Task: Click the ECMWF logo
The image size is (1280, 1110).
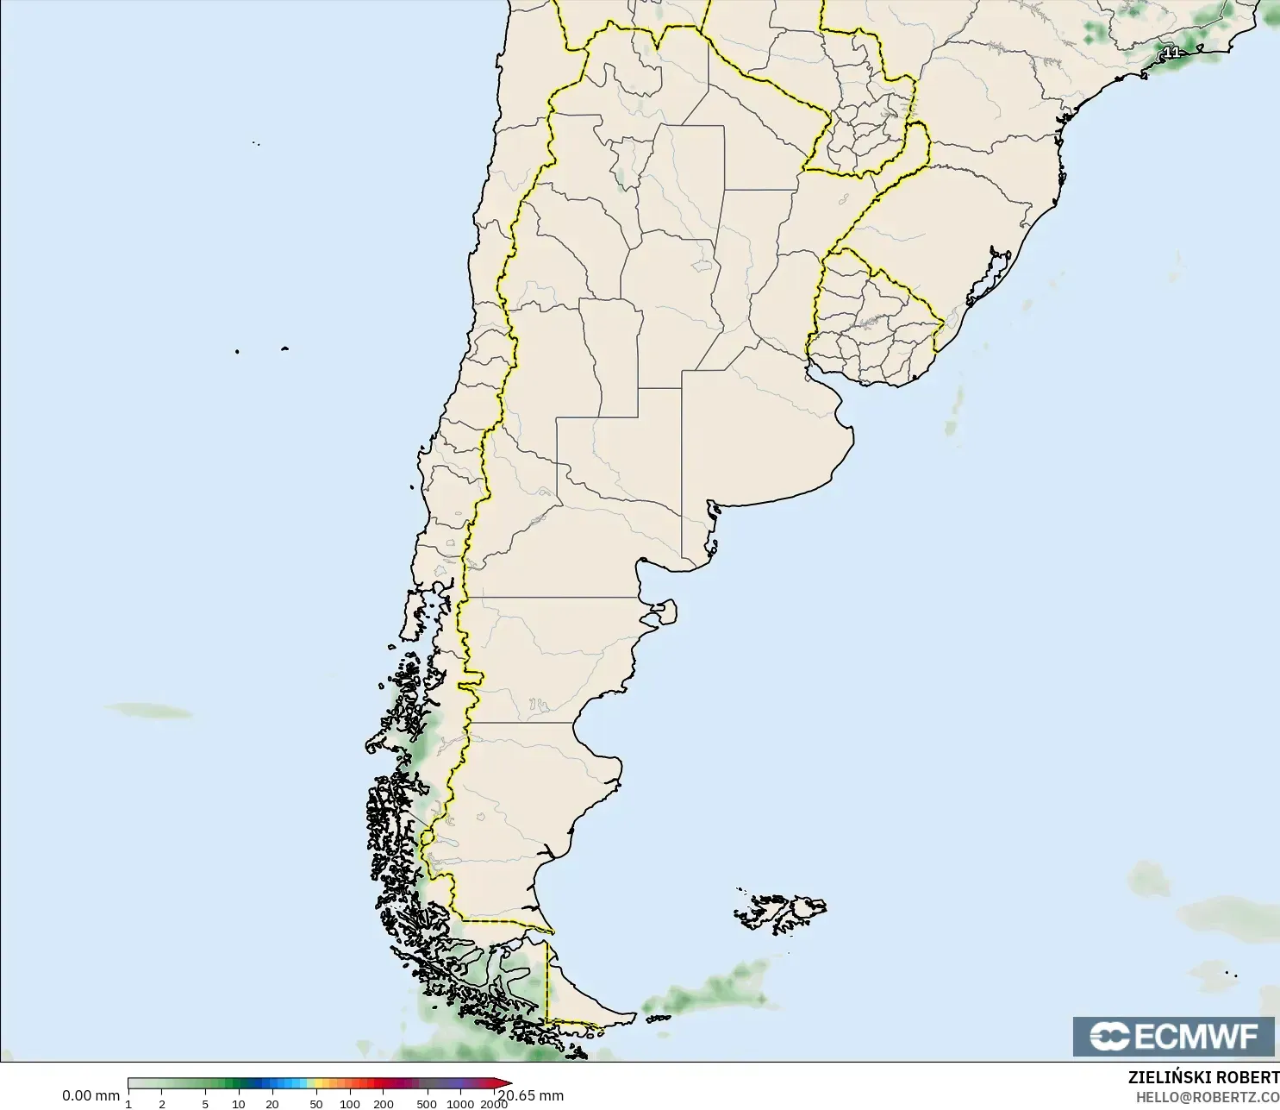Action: coord(1173,1036)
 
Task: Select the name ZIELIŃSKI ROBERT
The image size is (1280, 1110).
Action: coord(1203,1077)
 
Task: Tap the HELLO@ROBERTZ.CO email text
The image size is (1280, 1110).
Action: coord(1207,1097)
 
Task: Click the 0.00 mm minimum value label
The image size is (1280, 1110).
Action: coord(91,1095)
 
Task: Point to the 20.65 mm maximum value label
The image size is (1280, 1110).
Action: coord(532,1095)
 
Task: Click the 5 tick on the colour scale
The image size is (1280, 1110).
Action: coord(205,1103)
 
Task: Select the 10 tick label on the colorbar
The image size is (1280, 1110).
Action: coord(239,1103)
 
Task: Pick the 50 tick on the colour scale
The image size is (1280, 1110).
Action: coord(316,1103)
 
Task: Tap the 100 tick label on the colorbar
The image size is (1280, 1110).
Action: coord(350,1103)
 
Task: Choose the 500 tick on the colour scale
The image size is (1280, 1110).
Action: coord(427,1103)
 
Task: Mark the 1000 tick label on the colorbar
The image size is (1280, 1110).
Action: coord(460,1103)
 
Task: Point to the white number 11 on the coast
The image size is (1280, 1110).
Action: coord(1171,53)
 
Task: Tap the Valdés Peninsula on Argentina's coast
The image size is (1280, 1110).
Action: coord(663,613)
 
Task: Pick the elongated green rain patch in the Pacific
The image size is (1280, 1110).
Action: coord(149,711)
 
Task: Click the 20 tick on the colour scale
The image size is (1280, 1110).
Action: coord(272,1103)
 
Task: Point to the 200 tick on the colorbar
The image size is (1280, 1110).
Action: coord(384,1103)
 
